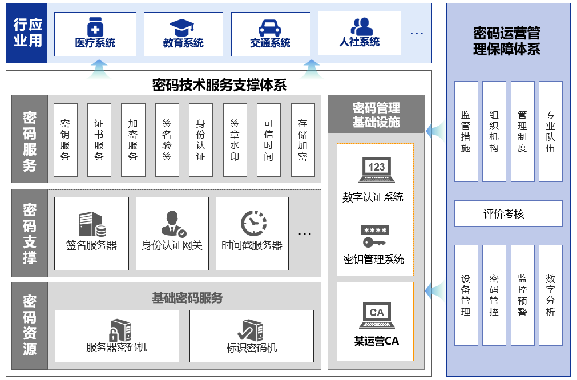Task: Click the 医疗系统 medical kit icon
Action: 95,26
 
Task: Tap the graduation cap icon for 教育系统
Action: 183,27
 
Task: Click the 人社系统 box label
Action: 359,42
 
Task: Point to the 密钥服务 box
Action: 65,140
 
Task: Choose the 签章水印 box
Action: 235,140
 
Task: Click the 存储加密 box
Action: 302,140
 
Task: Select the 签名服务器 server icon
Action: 92,224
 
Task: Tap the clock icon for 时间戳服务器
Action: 253,223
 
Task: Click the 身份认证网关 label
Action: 172,246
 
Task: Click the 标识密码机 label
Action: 252,347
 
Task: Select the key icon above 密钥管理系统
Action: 375,236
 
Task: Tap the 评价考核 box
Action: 508,214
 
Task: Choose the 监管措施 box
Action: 466,131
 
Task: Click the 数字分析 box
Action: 550,295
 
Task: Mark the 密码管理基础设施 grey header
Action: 376,114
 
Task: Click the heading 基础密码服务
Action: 187,298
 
